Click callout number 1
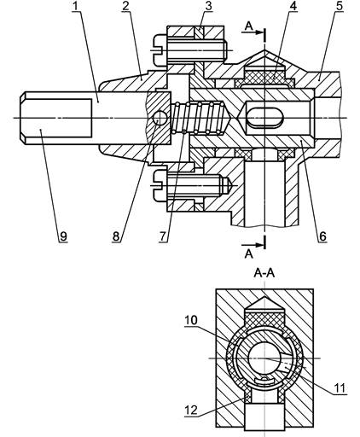coord(75,7)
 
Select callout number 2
coord(125,7)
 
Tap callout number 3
coord(209,7)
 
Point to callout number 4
coord(293,7)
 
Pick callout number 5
coord(340,7)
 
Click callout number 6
coord(323,236)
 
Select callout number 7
coord(162,236)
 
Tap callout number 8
coord(116,236)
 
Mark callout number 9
coord(63,236)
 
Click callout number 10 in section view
coord(191,320)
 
